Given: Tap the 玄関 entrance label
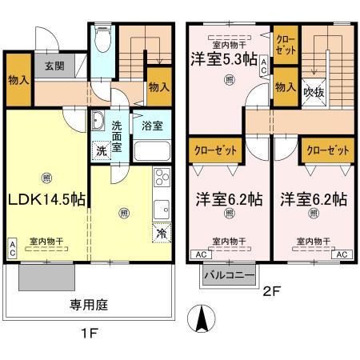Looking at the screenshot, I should click(x=54, y=66).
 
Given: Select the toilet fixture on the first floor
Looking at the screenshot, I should click(x=102, y=38).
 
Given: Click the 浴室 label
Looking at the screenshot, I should click(x=151, y=126).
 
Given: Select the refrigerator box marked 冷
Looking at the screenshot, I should click(x=160, y=234).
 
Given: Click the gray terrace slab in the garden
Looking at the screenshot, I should click(x=47, y=278).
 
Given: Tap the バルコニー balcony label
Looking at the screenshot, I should click(x=228, y=275).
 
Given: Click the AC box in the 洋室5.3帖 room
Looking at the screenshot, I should click(x=264, y=70).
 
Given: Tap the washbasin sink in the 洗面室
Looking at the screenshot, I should click(x=98, y=121).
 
